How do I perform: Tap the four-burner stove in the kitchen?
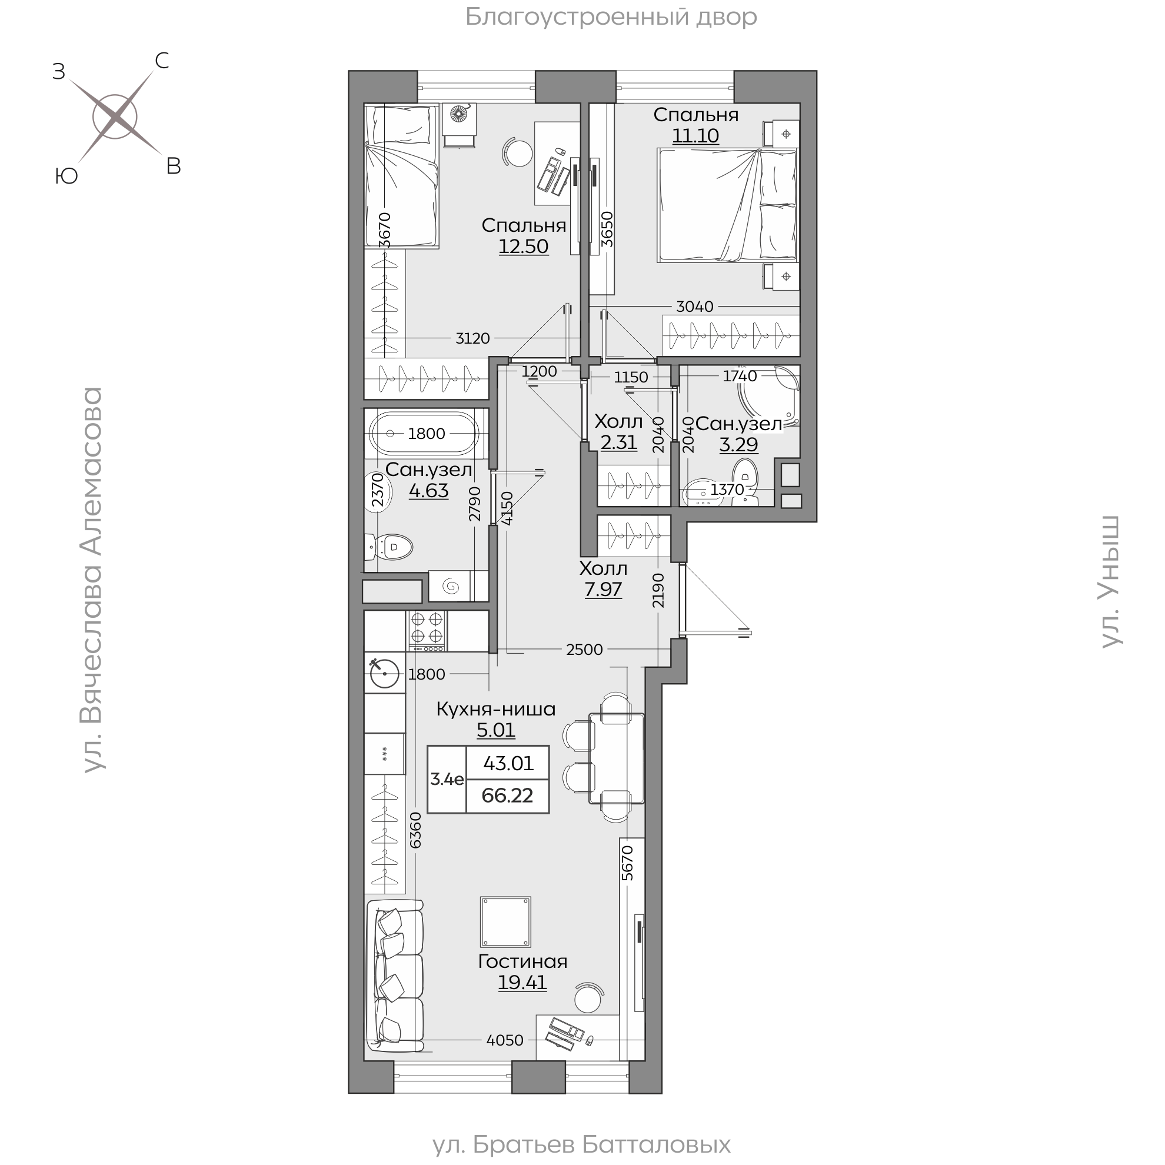pos(427,631)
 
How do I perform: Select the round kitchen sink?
pos(385,673)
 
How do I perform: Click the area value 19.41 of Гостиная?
pos(522,982)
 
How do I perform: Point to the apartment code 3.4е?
pos(447,779)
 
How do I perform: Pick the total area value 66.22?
pos(507,795)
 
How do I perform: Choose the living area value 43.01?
pos(508,763)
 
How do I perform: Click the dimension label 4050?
pos(505,1040)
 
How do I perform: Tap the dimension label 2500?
pos(584,650)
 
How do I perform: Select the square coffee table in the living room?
pos(505,921)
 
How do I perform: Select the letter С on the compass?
pos(162,60)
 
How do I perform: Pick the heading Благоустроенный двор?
pos(611,17)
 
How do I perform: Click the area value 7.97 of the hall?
pos(603,589)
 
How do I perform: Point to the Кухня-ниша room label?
pos(495,708)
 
